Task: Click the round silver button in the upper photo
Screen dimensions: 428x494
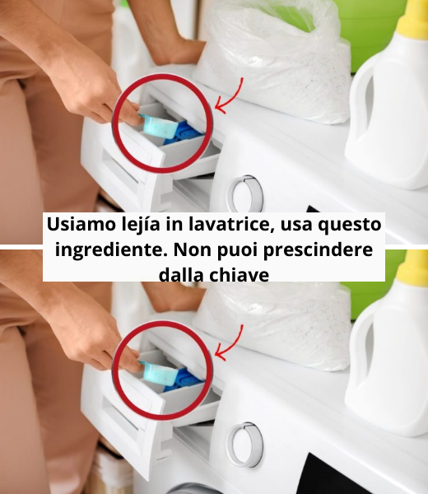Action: [x=246, y=194]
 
